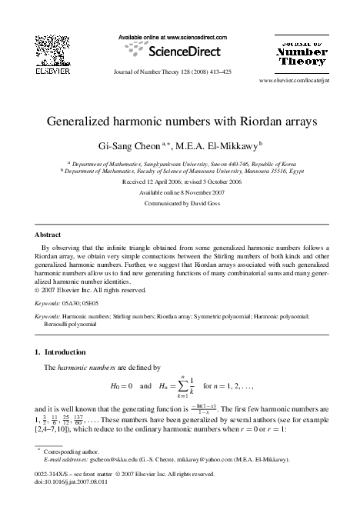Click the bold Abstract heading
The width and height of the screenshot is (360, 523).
48,234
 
